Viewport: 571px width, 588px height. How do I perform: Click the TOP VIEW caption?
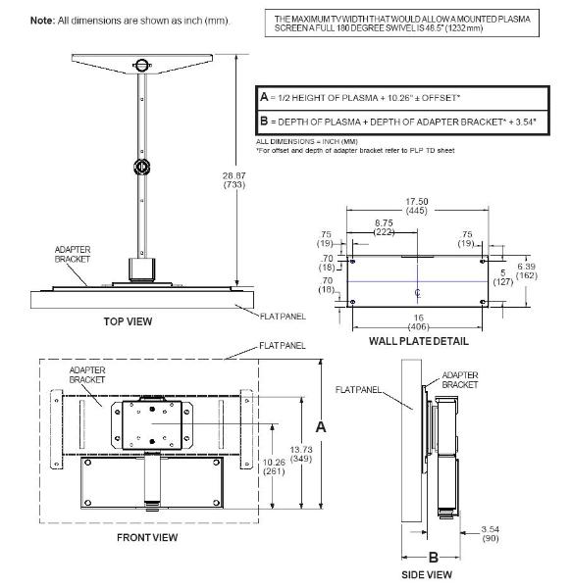tap(128, 321)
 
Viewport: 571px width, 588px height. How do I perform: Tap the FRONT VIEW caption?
tap(147, 537)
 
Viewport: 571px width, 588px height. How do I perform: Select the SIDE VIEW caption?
tap(427, 574)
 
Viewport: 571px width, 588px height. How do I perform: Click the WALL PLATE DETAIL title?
tap(419, 341)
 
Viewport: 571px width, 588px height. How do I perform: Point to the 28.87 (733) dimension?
tap(234, 180)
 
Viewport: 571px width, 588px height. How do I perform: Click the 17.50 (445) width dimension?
tap(417, 206)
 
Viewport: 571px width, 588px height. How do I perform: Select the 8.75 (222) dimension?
tap(384, 227)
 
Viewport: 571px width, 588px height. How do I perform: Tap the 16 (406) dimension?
tap(418, 322)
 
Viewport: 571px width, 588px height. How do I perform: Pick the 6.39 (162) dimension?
tap(526, 270)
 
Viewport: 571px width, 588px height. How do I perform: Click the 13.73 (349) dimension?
tap(301, 454)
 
